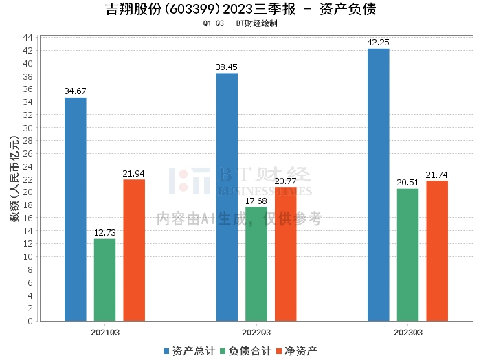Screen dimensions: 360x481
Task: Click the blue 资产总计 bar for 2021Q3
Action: (x=76, y=209)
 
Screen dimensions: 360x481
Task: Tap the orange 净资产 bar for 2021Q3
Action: (x=134, y=250)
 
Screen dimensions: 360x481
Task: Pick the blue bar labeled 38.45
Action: (x=227, y=196)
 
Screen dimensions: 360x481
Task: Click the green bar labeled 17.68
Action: (x=256, y=264)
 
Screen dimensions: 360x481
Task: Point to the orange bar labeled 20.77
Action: (x=285, y=254)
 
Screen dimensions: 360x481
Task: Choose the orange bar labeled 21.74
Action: (x=437, y=251)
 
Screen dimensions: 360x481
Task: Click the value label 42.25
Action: (x=378, y=42)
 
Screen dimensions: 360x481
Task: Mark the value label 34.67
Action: (x=76, y=91)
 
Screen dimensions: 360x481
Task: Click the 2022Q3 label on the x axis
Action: (x=256, y=333)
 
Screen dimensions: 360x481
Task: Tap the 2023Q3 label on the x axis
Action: (x=407, y=333)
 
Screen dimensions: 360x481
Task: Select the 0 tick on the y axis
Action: (x=30, y=321)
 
